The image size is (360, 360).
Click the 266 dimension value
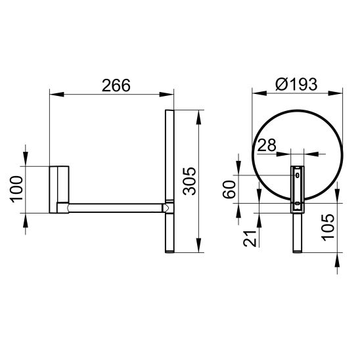click(116, 85)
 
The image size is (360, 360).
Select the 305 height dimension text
click(190, 181)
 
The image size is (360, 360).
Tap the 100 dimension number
click(16, 189)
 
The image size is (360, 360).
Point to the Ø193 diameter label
click(296, 84)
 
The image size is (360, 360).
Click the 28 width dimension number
click(267, 145)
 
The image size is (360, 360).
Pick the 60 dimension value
click(229, 189)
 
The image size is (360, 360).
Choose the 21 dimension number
click(250, 238)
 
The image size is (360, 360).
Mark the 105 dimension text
click(328, 227)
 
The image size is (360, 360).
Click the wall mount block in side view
click(59, 189)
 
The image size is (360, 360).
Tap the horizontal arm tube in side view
click(116, 208)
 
